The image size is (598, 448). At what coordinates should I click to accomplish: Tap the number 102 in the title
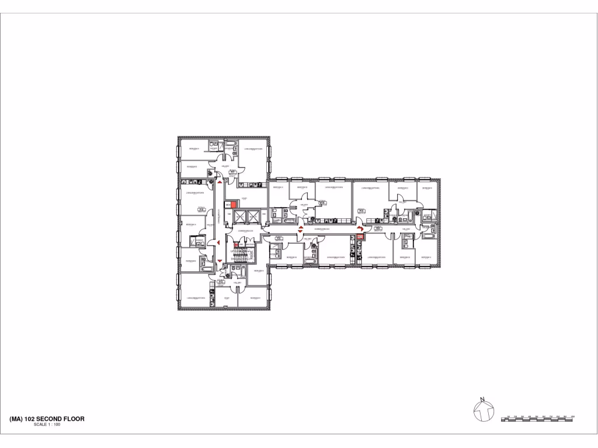[30, 419]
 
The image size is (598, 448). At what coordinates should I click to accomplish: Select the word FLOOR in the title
[74, 419]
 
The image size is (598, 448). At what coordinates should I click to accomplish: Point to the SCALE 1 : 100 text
[47, 425]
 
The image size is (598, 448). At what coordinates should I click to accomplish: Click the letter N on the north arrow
[482, 400]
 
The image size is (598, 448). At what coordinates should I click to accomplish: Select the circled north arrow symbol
[482, 411]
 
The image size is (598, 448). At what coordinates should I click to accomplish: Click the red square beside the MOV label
[234, 205]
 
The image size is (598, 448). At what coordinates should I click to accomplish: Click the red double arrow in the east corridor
[300, 229]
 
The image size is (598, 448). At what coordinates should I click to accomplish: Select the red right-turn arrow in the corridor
[360, 229]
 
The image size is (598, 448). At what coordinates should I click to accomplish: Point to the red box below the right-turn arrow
[360, 237]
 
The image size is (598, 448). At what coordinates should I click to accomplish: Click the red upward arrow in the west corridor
[219, 182]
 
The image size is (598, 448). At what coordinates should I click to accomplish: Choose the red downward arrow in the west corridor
[219, 261]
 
